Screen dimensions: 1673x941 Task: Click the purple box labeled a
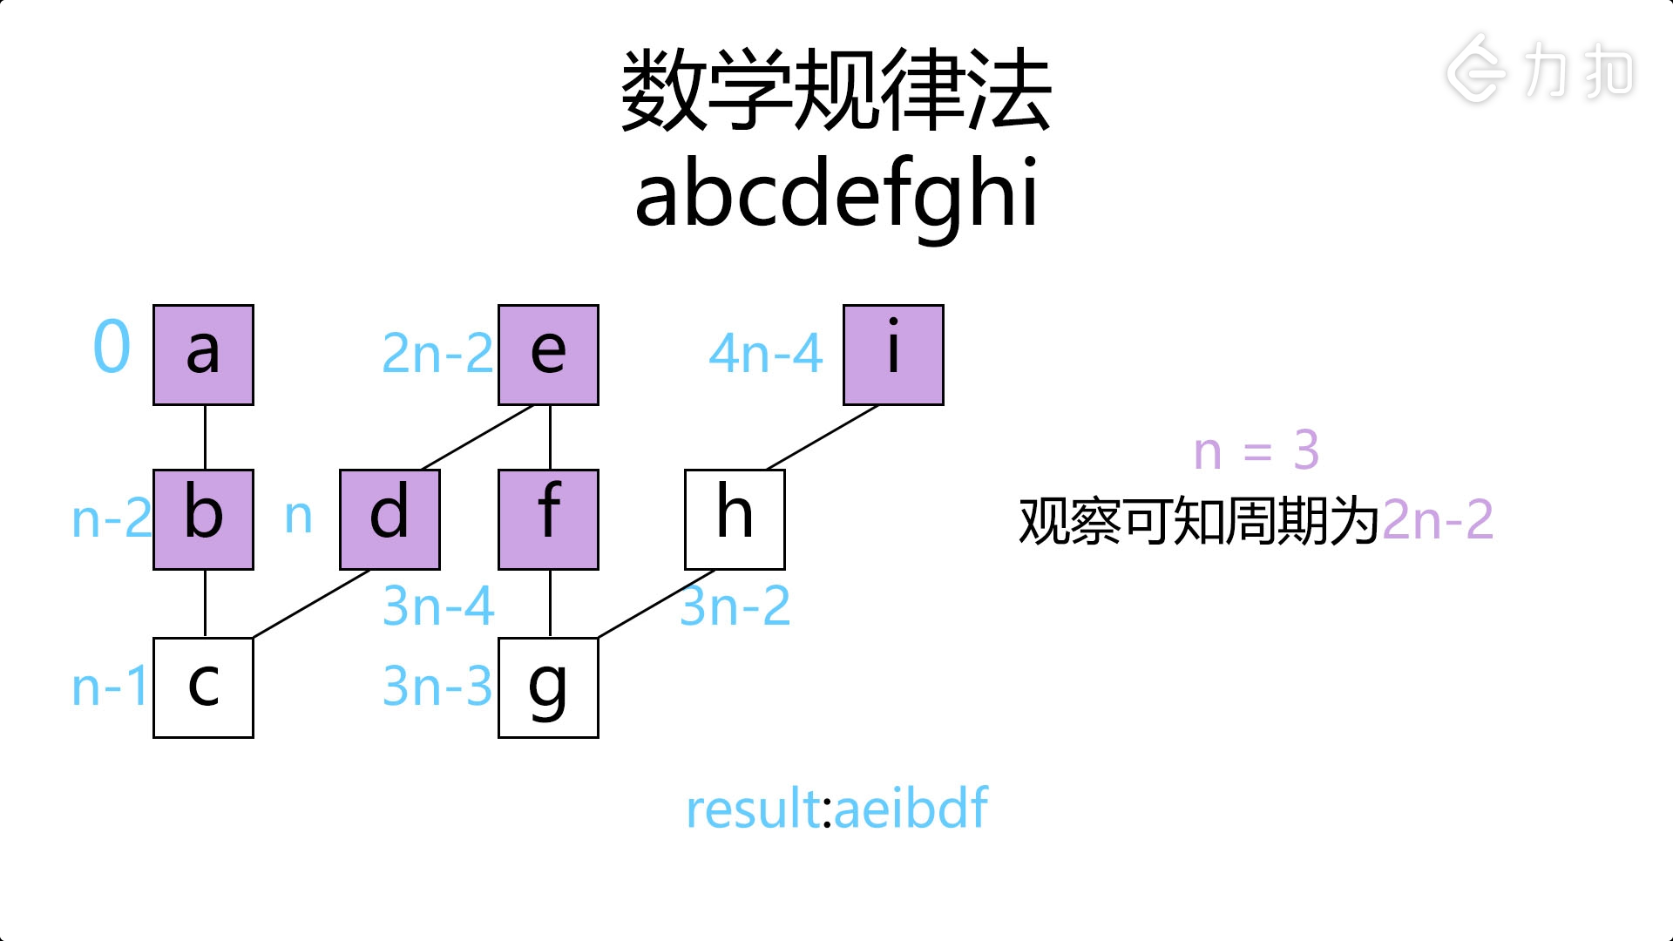203,355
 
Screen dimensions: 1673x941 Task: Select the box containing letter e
548,355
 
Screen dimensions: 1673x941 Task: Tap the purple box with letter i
893,355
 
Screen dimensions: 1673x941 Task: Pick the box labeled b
203,519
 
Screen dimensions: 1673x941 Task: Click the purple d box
389,519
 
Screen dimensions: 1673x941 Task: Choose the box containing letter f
548,519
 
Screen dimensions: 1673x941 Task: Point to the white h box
735,519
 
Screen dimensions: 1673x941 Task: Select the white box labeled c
203,687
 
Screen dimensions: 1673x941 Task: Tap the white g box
548,687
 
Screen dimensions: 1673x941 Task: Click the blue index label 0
112,347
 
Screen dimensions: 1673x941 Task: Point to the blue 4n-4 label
766,354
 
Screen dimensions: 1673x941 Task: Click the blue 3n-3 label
437,686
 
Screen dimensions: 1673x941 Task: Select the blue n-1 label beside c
110,687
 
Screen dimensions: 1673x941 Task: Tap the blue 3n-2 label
735,606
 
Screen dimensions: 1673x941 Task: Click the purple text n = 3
1256,451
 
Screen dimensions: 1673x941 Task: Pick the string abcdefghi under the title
836,194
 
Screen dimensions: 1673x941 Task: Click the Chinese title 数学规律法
836,91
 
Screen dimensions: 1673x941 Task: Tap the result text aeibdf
911,809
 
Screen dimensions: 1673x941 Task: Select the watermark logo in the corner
1540,70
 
